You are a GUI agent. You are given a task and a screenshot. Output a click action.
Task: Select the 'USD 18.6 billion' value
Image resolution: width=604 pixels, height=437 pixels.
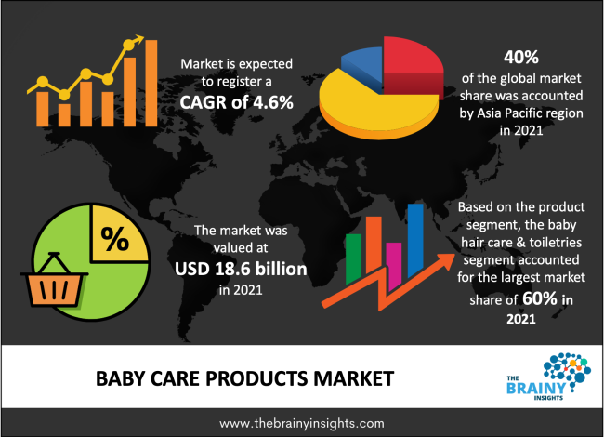pyautogui.click(x=241, y=269)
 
